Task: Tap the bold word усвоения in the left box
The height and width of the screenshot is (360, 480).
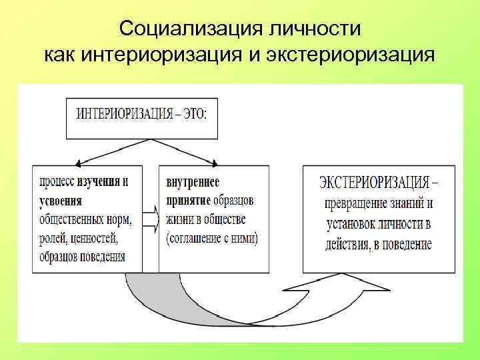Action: [61, 200]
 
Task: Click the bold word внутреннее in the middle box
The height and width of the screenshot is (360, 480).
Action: [193, 182]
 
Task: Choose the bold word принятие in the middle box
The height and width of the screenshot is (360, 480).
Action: [188, 200]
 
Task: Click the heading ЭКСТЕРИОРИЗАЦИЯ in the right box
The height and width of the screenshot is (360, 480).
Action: [372, 181]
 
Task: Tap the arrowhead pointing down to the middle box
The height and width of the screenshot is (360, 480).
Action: [215, 162]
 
